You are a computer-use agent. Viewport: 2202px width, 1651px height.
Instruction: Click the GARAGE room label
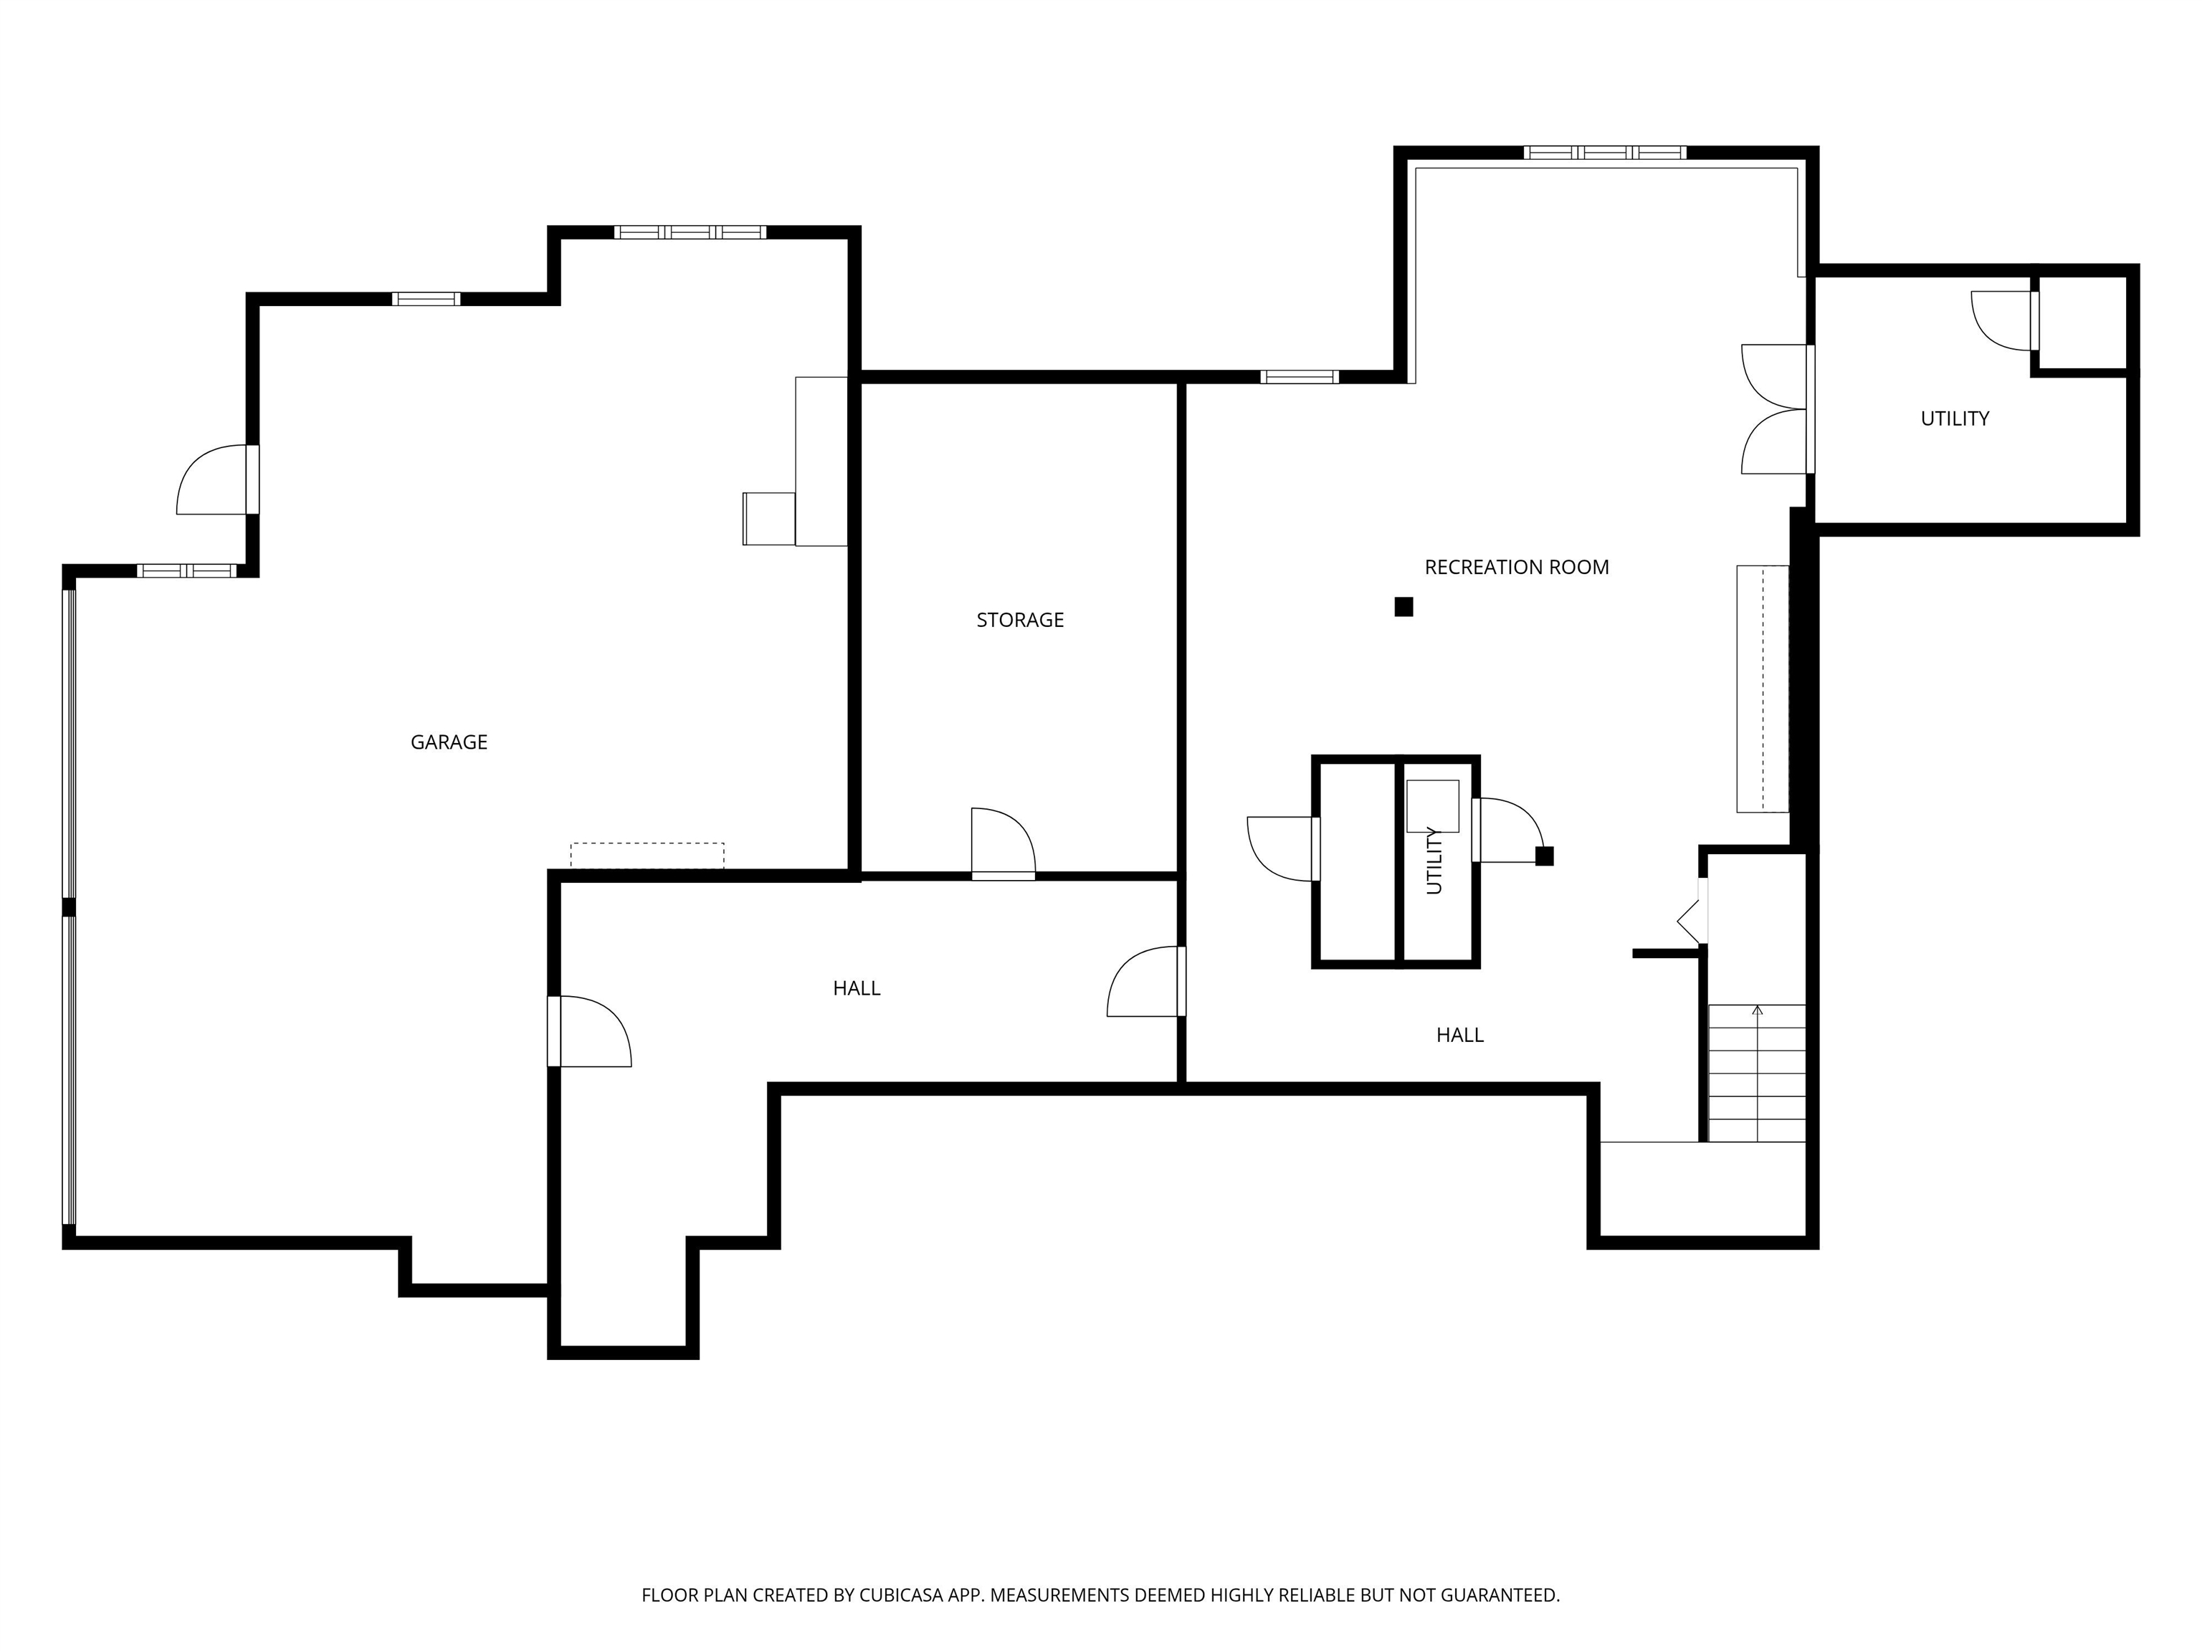(x=449, y=742)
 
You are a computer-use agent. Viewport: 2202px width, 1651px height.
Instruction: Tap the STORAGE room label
(x=1021, y=620)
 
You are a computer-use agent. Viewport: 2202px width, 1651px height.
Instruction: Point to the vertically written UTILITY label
(x=1434, y=861)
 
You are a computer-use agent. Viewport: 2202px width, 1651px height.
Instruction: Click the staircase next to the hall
(x=1757, y=1073)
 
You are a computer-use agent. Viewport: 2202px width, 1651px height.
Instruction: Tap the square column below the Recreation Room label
(x=1403, y=607)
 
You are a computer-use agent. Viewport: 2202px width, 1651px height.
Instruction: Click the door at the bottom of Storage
(x=1004, y=844)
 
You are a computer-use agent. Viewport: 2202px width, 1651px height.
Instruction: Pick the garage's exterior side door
(x=218, y=479)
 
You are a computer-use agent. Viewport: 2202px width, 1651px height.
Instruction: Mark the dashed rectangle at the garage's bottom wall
(x=647, y=856)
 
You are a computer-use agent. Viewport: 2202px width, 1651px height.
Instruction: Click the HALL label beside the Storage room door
(x=857, y=988)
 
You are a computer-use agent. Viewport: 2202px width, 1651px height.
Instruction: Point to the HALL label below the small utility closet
(x=1460, y=1035)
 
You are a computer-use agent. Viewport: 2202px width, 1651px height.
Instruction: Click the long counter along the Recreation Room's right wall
(x=1763, y=689)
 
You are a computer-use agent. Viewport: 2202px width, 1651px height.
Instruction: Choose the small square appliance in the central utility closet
(x=1432, y=806)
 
